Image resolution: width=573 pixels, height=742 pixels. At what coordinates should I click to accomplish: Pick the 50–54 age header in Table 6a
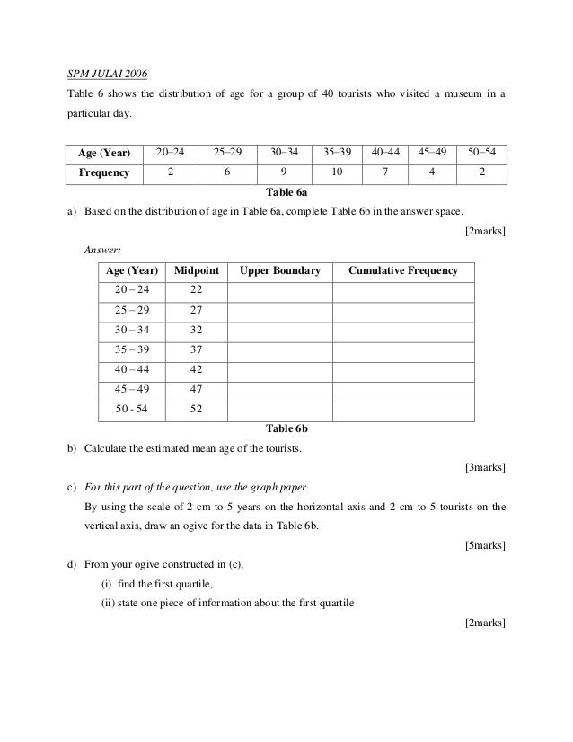pyautogui.click(x=481, y=152)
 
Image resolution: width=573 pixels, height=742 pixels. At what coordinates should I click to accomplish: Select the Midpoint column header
pyautogui.click(x=195, y=270)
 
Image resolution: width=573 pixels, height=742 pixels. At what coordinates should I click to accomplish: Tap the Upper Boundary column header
pyautogui.click(x=279, y=270)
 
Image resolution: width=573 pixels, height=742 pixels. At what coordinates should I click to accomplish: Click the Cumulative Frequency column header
pyautogui.click(x=402, y=270)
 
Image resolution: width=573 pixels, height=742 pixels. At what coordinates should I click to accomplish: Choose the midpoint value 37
pyautogui.click(x=196, y=349)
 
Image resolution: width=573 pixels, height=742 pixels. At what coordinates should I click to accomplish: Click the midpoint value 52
pyautogui.click(x=196, y=409)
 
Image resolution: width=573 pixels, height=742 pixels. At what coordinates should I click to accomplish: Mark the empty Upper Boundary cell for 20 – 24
pyautogui.click(x=279, y=290)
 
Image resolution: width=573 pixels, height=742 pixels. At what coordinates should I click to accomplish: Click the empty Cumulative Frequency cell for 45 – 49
pyautogui.click(x=402, y=389)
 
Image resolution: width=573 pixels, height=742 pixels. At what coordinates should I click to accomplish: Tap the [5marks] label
pyautogui.click(x=485, y=545)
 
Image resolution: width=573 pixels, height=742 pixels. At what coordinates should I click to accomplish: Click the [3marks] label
pyautogui.click(x=485, y=467)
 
